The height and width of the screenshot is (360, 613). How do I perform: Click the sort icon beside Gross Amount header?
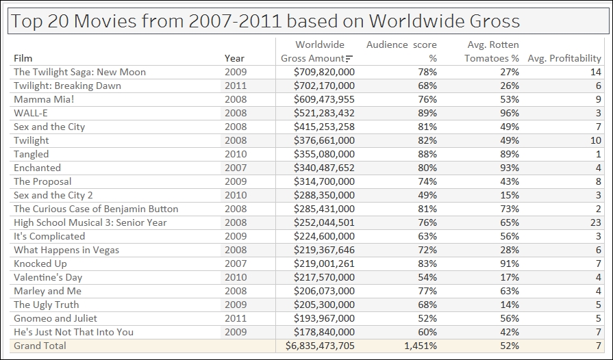(349, 59)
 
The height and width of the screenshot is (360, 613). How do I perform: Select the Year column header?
(234, 58)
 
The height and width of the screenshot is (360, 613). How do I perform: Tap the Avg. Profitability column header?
(564, 58)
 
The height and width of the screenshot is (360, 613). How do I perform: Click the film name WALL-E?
(31, 113)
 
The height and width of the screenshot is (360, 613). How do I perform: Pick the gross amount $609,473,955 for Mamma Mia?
(324, 99)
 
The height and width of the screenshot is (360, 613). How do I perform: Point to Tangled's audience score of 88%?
(427, 154)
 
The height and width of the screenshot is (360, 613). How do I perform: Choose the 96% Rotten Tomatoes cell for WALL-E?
(510, 113)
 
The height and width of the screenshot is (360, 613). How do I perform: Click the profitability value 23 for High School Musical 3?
(595, 222)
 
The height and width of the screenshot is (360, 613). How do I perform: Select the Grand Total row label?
(40, 346)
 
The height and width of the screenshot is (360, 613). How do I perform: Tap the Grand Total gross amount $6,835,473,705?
(320, 346)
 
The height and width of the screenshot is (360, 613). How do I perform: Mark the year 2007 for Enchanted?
(236, 168)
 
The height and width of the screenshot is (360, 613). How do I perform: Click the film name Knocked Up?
(40, 263)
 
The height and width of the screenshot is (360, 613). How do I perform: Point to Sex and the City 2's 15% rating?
(510, 195)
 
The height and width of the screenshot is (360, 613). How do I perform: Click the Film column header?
(23, 58)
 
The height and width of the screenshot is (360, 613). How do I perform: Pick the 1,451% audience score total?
(421, 346)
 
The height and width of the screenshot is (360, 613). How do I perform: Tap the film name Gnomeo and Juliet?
(55, 318)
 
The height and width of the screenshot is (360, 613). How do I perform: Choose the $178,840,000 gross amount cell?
(324, 332)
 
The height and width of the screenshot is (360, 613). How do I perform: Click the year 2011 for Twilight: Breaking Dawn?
(236, 86)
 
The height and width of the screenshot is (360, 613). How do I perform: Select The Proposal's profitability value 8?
(598, 181)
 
